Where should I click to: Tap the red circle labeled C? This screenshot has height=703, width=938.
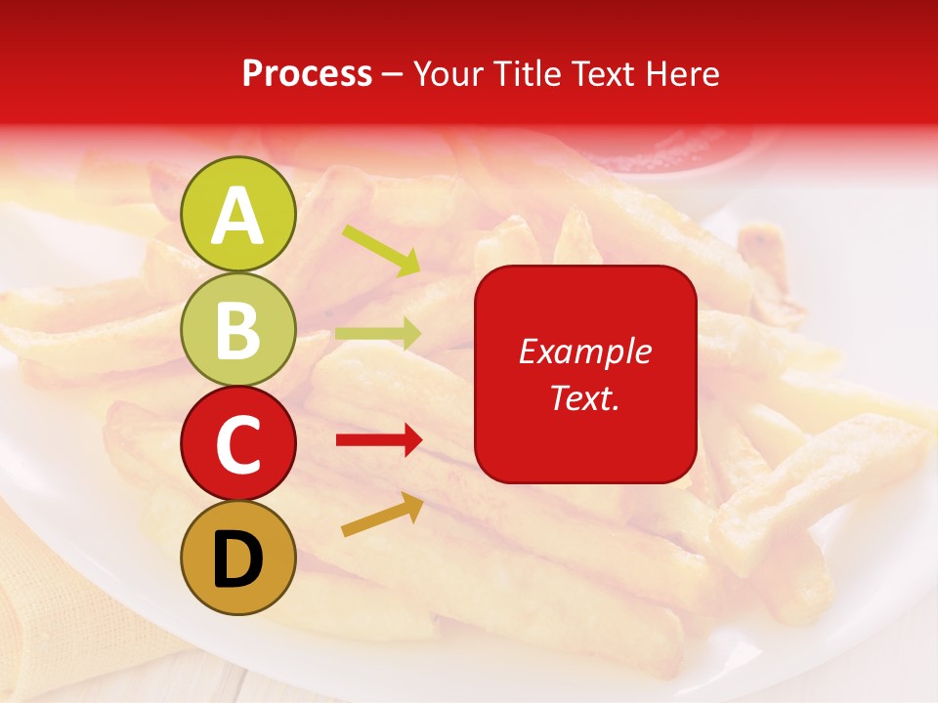click(237, 443)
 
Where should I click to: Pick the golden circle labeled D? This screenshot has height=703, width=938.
click(237, 558)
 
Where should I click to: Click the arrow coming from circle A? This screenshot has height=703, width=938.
click(381, 248)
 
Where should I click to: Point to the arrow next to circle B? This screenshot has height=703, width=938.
click(378, 333)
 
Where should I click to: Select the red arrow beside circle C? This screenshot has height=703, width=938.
click(379, 441)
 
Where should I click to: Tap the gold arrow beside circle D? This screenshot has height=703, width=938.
click(382, 515)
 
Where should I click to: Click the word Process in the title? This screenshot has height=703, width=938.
click(307, 73)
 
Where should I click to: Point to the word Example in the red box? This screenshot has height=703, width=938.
click(584, 351)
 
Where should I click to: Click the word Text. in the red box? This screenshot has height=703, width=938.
click(584, 397)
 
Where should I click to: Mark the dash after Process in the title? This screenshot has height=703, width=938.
click(392, 74)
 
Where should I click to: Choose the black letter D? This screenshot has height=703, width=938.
click(237, 559)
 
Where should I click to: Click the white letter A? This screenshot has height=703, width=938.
click(237, 216)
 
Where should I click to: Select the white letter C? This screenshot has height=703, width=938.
click(237, 445)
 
